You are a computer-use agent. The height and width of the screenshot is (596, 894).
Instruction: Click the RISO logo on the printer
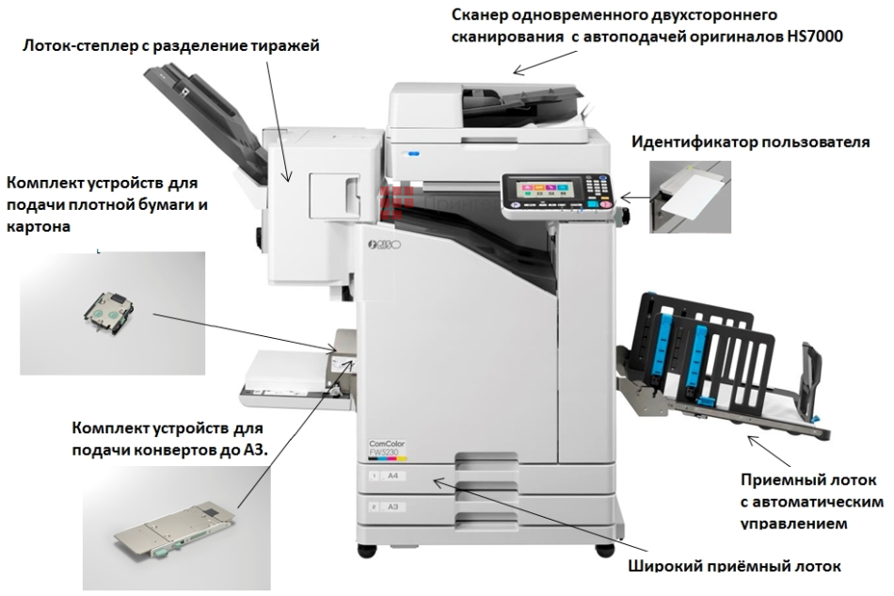click(384, 246)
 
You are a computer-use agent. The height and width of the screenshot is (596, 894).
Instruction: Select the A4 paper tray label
click(392, 477)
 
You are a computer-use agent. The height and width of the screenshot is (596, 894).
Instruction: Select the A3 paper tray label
click(392, 507)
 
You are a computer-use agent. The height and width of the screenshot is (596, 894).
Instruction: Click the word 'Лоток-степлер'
click(76, 44)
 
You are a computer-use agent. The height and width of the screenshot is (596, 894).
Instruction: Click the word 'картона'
click(39, 226)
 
